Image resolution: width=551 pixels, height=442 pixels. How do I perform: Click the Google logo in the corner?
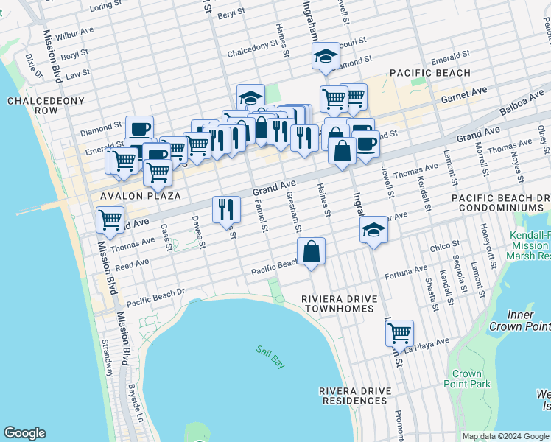24,433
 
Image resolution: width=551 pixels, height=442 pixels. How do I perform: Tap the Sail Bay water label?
270,357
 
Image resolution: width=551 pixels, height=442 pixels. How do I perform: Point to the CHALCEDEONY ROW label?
32,105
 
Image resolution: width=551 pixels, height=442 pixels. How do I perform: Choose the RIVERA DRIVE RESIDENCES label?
353,396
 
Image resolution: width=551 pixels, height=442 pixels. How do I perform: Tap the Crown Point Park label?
467,379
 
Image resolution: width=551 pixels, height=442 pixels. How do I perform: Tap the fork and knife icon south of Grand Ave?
226,208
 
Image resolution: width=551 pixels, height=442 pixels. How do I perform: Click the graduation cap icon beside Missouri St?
324,55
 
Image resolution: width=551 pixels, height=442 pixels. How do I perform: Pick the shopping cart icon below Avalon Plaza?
110,219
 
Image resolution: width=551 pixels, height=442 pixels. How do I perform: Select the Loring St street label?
105,6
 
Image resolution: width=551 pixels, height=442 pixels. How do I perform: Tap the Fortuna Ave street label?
410,270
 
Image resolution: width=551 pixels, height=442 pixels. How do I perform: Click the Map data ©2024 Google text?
505,436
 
